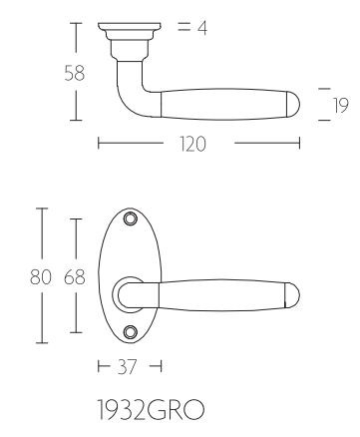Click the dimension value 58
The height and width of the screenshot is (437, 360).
point(75,74)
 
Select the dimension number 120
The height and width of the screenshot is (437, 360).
point(192,144)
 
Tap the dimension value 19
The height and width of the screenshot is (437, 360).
point(341,106)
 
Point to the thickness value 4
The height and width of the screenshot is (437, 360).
point(202,28)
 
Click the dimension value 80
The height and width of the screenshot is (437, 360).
point(41,277)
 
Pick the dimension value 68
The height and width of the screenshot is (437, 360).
point(75,277)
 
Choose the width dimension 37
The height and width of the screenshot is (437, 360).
point(128,367)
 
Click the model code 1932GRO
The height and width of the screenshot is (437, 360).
point(151,409)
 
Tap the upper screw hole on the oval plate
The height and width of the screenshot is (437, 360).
point(130,219)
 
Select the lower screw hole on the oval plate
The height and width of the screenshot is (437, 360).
point(130,331)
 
